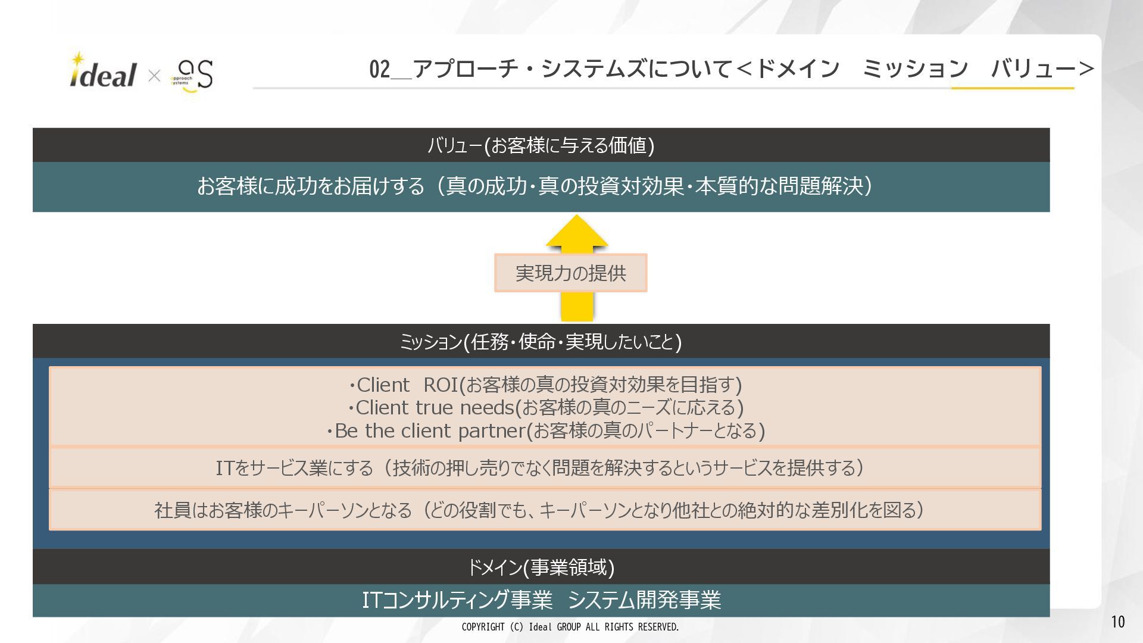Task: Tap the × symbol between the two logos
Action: pos(154,76)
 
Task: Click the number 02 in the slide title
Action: pos(379,70)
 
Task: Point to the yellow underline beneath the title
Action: pos(1012,88)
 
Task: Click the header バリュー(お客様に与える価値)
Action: pos(541,145)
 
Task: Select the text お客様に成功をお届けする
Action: pos(310,186)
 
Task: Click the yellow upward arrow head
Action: pos(576,232)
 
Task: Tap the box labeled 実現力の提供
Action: pos(570,273)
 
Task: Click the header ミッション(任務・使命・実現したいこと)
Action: pos(541,342)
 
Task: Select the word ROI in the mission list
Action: pos(441,385)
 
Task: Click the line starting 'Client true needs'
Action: pos(545,408)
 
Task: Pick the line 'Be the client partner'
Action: pos(545,430)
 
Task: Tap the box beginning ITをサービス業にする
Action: pos(539,468)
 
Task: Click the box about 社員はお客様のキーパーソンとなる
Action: pos(539,510)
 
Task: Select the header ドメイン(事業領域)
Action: pos(541,567)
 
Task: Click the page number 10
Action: pos(1117,622)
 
